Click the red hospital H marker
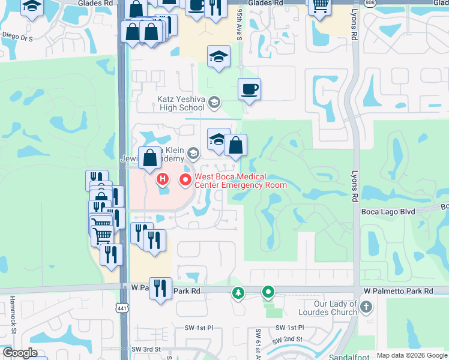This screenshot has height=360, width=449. click(x=162, y=178)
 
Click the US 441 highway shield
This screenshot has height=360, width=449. click(x=122, y=308)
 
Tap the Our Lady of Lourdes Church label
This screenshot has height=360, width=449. click(x=330, y=308)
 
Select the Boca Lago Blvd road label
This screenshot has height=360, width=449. click(x=388, y=211)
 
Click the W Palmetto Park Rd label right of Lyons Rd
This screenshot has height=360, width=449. click(x=397, y=291)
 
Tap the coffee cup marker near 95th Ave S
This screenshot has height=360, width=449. click(x=249, y=90)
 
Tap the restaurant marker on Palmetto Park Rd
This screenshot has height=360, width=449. click(x=160, y=289)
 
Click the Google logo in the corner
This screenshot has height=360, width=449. click(x=20, y=353)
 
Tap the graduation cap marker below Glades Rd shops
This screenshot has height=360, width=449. click(x=218, y=57)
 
